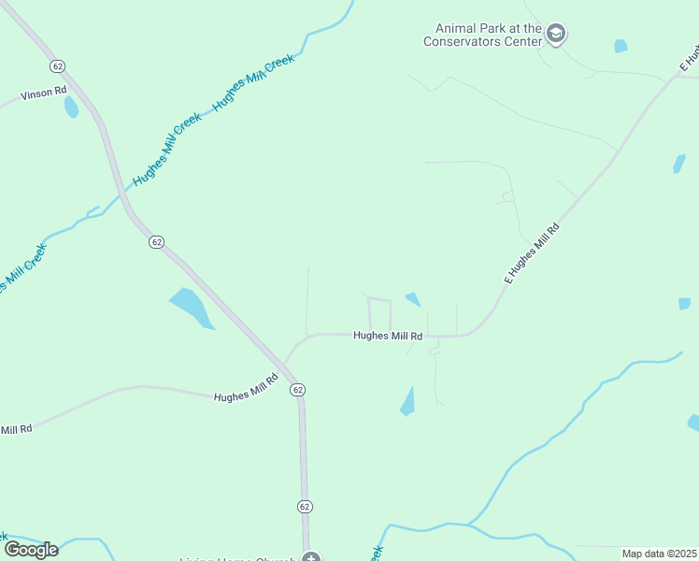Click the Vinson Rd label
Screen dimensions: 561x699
[44, 92]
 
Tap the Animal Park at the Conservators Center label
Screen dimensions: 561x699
[482, 36]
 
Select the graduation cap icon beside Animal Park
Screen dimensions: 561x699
[557, 35]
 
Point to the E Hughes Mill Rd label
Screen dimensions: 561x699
[532, 252]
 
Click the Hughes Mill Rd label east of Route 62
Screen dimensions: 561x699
[388, 336]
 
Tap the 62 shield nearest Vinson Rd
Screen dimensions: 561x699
[58, 66]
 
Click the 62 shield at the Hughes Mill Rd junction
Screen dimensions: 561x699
[297, 389]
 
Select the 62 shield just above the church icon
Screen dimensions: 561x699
[305, 506]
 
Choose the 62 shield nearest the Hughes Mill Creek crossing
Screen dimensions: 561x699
[156, 241]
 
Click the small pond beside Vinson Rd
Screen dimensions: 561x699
[71, 107]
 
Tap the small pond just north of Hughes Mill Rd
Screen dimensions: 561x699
[412, 299]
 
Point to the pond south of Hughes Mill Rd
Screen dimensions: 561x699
[407, 402]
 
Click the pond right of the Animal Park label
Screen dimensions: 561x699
[621, 46]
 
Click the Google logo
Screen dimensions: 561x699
[31, 550]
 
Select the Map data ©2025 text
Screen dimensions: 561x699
[659, 554]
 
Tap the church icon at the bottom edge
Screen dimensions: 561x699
[311, 557]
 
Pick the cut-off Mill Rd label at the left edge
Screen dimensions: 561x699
[16, 429]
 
